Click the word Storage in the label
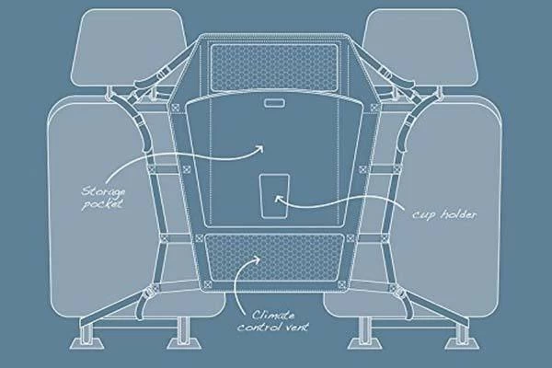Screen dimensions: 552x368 (103, 192)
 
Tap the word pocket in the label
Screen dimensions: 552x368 (102, 204)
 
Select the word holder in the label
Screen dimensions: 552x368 (459, 213)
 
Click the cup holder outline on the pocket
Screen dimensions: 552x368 (274, 196)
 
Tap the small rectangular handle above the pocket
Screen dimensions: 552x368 (274, 103)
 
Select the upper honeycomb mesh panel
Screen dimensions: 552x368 (273, 67)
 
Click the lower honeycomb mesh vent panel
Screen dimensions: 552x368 (274, 258)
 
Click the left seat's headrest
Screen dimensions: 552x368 (129, 47)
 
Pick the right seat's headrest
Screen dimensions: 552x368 (420, 47)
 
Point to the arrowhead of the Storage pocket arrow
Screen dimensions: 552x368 (259, 148)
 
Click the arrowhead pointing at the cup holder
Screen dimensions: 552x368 (278, 199)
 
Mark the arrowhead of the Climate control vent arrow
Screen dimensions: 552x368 (257, 259)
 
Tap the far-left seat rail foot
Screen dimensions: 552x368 (83, 343)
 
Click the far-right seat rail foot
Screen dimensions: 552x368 (466, 343)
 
